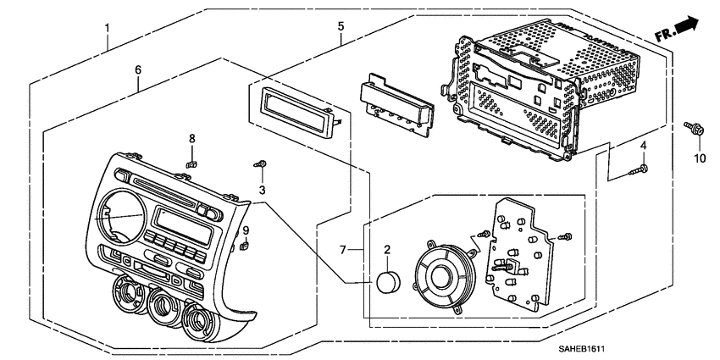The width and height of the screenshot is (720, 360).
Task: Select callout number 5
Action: [x=341, y=26]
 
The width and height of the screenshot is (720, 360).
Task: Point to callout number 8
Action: [x=191, y=137]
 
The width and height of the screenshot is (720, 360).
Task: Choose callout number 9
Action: [x=246, y=230]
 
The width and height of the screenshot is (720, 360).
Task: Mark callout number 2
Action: [x=387, y=250]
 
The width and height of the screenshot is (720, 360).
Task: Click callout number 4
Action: [x=643, y=147]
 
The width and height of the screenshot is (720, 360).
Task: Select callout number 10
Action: [x=700, y=158]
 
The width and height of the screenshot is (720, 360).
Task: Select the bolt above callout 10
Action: [x=690, y=130]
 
